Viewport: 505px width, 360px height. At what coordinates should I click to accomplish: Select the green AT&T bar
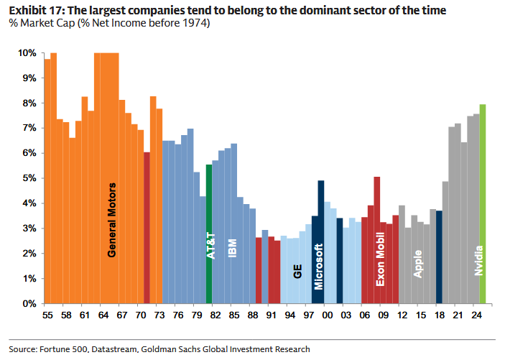209,237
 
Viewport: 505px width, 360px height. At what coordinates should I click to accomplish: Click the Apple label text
418,264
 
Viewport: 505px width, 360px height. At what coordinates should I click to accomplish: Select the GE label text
297,271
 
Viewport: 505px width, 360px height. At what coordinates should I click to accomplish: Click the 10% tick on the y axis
27,53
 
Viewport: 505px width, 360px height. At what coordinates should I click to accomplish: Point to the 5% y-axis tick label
29,178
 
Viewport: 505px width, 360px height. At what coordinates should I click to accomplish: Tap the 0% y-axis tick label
29,303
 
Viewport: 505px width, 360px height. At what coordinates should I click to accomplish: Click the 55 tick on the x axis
47,315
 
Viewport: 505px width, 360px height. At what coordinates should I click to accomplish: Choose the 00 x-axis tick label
328,315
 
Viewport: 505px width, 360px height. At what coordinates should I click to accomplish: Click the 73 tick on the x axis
159,315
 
